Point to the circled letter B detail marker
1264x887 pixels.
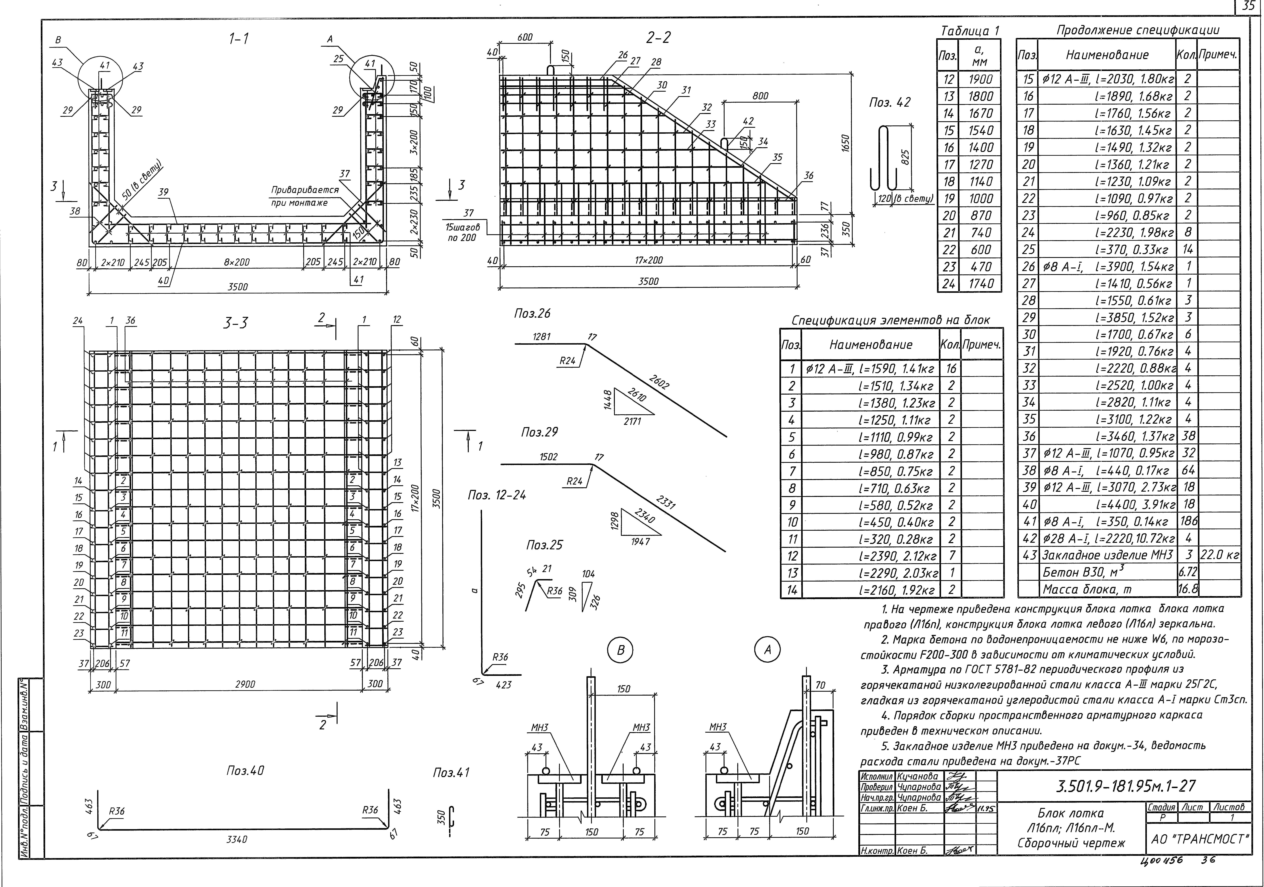pos(620,650)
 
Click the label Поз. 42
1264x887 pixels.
pos(890,102)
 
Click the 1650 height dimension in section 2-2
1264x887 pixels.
pos(846,143)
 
